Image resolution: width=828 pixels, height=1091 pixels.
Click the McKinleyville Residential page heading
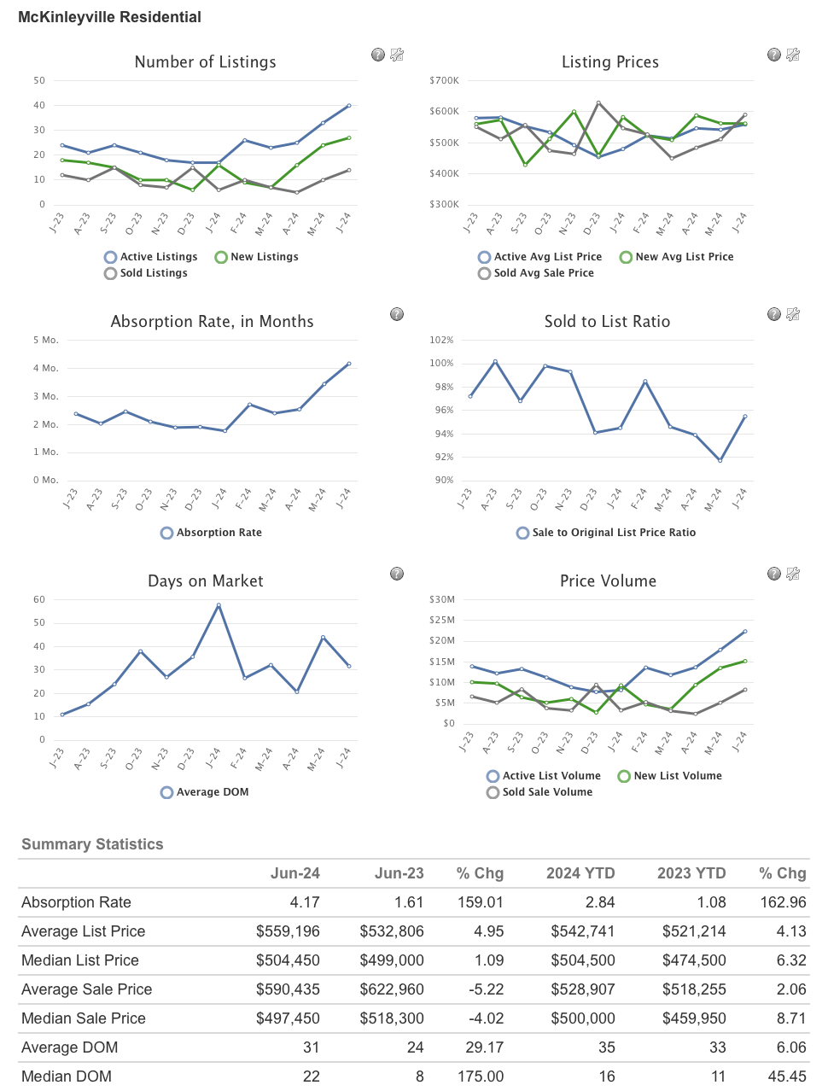[x=109, y=17]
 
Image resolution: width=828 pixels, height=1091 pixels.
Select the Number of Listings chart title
[x=205, y=62]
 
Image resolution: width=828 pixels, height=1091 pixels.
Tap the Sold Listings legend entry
[x=146, y=273]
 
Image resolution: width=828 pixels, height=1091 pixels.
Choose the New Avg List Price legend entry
[x=676, y=257]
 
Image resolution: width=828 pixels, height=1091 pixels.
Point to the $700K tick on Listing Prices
[x=444, y=81]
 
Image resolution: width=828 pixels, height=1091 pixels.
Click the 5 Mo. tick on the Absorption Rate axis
[x=46, y=341]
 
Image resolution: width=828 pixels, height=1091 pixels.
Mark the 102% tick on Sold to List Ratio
[x=441, y=341]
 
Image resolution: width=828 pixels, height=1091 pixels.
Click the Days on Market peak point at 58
[x=219, y=605]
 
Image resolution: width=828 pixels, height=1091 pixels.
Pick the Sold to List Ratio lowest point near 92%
[x=720, y=460]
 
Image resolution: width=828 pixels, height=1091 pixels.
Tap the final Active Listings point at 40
[x=349, y=106]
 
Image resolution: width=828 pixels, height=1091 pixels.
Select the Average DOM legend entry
[x=205, y=792]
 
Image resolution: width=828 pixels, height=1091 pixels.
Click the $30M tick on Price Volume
[x=442, y=600]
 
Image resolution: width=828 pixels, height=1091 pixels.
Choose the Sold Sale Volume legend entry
[x=539, y=792]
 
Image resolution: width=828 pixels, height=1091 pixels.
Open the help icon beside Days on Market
[x=397, y=574]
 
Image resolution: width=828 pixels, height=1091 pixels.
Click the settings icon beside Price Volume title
[x=793, y=574]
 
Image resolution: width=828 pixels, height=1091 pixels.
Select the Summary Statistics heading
[x=92, y=844]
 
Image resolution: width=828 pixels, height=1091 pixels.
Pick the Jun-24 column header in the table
[x=294, y=873]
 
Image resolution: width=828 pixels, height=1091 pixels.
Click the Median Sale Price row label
[x=84, y=1018]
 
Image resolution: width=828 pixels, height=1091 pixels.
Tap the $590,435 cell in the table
[x=288, y=989]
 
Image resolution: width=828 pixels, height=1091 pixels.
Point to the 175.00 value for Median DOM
[x=481, y=1076]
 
